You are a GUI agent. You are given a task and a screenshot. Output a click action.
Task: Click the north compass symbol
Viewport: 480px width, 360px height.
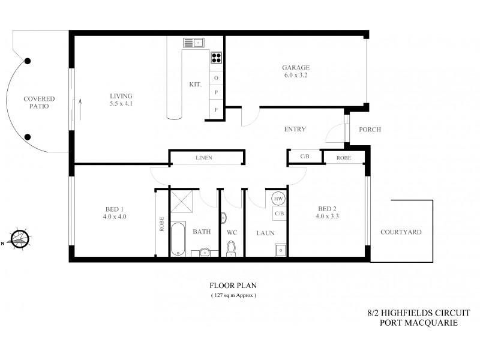click(x=20, y=239)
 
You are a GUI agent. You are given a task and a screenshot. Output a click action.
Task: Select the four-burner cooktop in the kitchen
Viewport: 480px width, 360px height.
click(x=216, y=58)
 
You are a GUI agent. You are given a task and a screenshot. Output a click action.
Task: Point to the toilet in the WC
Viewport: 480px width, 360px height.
click(x=232, y=247)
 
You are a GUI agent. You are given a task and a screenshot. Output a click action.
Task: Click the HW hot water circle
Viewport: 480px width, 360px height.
click(x=279, y=199)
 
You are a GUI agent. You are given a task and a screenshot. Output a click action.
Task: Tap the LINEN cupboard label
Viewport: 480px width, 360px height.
click(x=204, y=158)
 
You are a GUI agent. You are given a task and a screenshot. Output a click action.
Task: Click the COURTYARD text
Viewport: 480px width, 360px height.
click(x=400, y=232)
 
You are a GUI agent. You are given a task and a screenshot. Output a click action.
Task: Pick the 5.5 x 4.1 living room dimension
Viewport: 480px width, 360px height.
click(x=121, y=104)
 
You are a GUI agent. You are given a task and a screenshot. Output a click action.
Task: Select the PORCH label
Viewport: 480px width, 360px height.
click(x=369, y=130)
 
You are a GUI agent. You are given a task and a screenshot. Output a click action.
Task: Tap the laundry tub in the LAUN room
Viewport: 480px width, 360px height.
click(x=280, y=250)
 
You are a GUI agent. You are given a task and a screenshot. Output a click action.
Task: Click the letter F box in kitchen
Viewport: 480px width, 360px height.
click(x=216, y=110)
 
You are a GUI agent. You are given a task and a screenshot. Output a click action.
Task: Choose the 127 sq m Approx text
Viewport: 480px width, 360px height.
click(x=233, y=296)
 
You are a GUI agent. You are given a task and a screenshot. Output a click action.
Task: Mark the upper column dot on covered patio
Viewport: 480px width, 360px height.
click(x=28, y=61)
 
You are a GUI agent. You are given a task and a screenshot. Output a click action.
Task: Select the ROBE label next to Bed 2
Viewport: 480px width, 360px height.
click(x=344, y=158)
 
